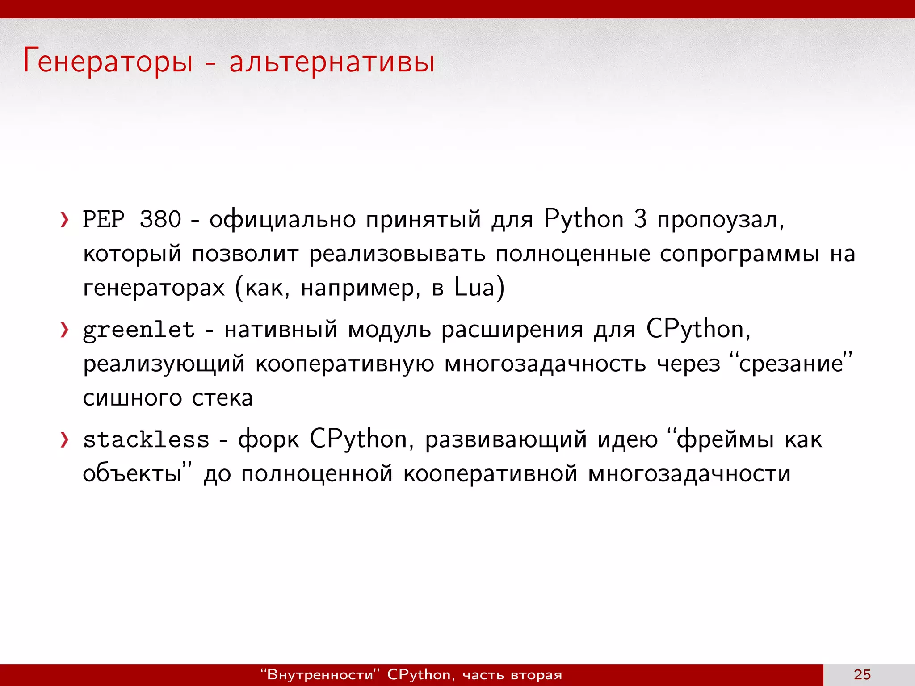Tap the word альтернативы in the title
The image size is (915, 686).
click(x=332, y=61)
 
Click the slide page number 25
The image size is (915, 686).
click(x=862, y=674)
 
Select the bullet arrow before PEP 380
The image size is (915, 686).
click(x=65, y=220)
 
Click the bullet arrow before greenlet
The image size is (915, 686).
click(x=65, y=330)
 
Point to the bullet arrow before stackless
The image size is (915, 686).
click(x=65, y=440)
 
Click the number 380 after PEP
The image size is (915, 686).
click(x=160, y=220)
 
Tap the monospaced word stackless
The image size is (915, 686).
click(x=146, y=440)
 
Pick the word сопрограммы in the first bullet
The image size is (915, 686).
click(x=739, y=254)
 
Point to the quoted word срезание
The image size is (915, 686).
click(x=790, y=364)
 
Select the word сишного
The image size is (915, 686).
click(x=133, y=397)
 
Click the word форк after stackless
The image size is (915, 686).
click(x=268, y=440)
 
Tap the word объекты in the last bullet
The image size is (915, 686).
click(x=132, y=473)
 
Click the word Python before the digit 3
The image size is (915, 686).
click(x=583, y=220)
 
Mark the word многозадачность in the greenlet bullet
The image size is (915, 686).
click(x=545, y=364)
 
